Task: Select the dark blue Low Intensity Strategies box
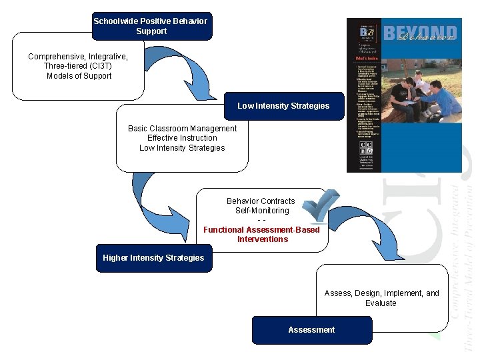pos(283,106)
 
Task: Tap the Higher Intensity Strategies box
pos(153,258)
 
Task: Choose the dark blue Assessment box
pos(311,330)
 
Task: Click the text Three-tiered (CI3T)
pos(78,66)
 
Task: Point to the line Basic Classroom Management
pos(182,128)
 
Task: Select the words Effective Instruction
pos(182,138)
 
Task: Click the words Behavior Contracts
pos(261,201)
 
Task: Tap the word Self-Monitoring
pos(261,211)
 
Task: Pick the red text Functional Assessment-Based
pos(261,230)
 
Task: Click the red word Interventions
pos(263,239)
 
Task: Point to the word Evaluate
pos(381,303)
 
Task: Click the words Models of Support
pos(79,76)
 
